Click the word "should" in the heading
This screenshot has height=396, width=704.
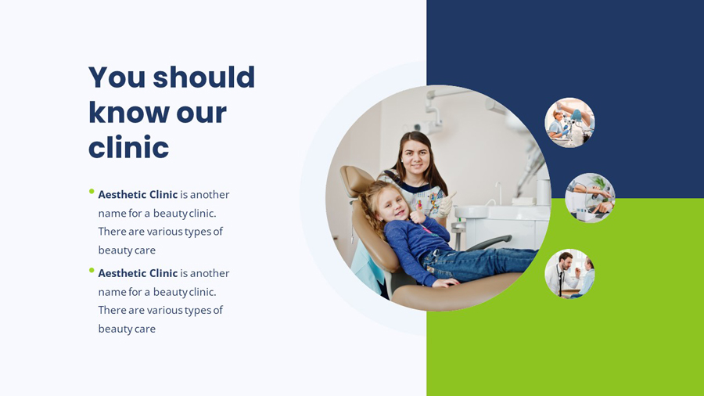coord(203,77)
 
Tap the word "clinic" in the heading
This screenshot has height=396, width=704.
coord(128,148)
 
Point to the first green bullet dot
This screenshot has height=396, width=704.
coord(92,191)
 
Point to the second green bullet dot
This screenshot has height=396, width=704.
coord(92,270)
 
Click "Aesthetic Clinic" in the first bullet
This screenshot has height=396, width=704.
coord(138,195)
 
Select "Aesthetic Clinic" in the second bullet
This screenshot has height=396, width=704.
coord(138,273)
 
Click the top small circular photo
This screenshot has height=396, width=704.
coord(569,123)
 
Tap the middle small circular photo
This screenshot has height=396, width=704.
coord(590,198)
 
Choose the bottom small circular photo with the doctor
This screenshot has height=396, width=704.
coord(569,274)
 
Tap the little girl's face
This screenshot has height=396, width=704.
coord(390,202)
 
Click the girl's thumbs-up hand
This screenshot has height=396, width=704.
coord(418,213)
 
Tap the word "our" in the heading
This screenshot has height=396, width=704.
coord(201,113)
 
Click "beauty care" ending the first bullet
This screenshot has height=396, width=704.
coord(127,250)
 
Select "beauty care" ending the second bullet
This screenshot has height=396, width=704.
coord(127,329)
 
